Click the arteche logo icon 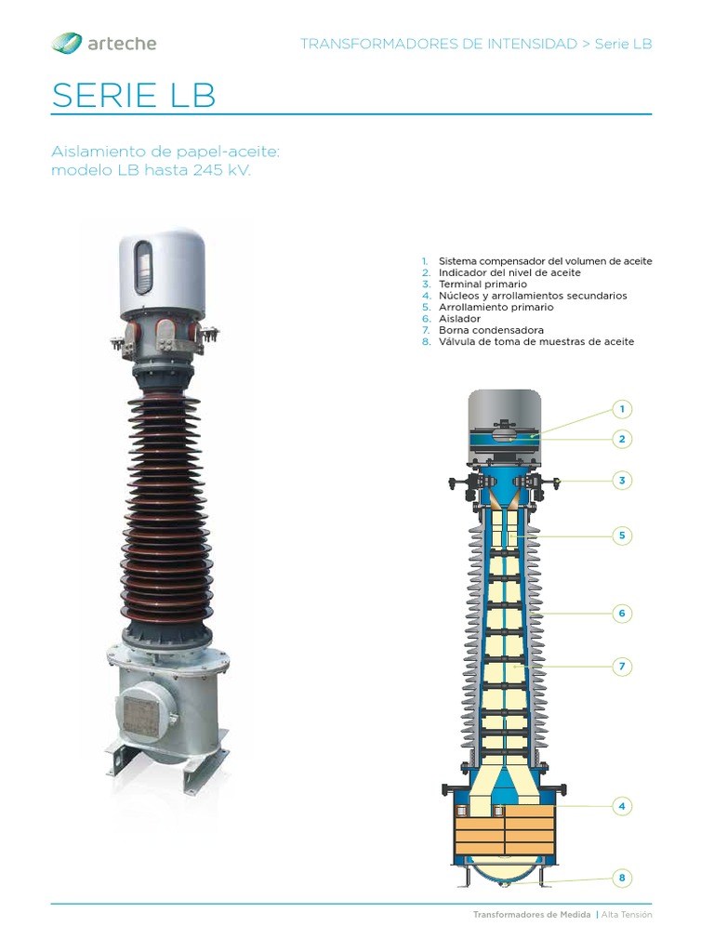pos(66,43)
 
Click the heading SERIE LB pos(134,96)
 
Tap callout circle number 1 pos(622,409)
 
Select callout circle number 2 pos(622,439)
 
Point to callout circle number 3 pos(622,480)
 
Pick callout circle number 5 pos(622,535)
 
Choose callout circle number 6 pos(622,613)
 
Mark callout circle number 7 pos(622,666)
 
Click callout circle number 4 pos(622,806)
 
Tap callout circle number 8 pos(622,878)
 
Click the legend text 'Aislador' pos(459,318)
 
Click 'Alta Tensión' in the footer pos(627,915)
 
